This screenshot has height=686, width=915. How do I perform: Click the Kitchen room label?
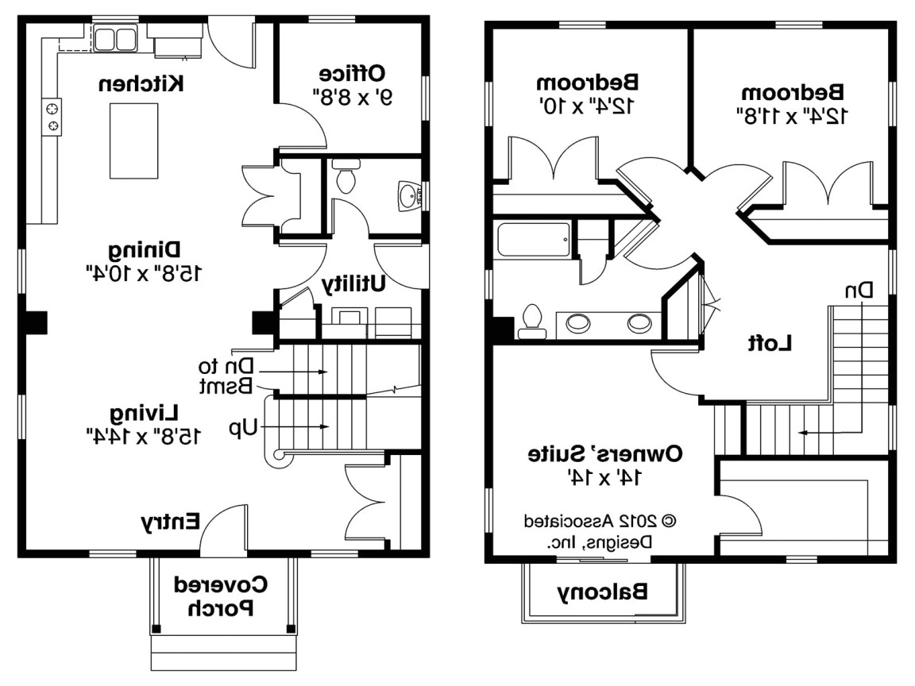[x=143, y=83]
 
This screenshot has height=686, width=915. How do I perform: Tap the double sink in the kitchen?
[x=116, y=37]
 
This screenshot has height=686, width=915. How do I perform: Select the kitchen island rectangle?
[x=133, y=141]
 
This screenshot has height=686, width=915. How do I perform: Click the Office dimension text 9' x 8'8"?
[x=352, y=98]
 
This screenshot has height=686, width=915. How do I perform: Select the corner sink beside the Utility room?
[x=411, y=195]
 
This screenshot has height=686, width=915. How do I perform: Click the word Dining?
[x=143, y=251]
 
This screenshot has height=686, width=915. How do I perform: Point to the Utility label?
[x=354, y=283]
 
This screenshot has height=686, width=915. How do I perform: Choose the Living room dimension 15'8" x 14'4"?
[x=143, y=435]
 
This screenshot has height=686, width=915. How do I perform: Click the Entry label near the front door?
[x=170, y=522]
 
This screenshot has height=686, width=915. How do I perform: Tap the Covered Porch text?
[x=222, y=597]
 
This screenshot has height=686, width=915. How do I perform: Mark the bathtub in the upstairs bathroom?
[x=531, y=241]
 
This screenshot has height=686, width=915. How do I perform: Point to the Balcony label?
[x=602, y=592]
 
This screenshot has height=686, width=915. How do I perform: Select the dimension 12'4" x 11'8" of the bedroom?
[x=793, y=115]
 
